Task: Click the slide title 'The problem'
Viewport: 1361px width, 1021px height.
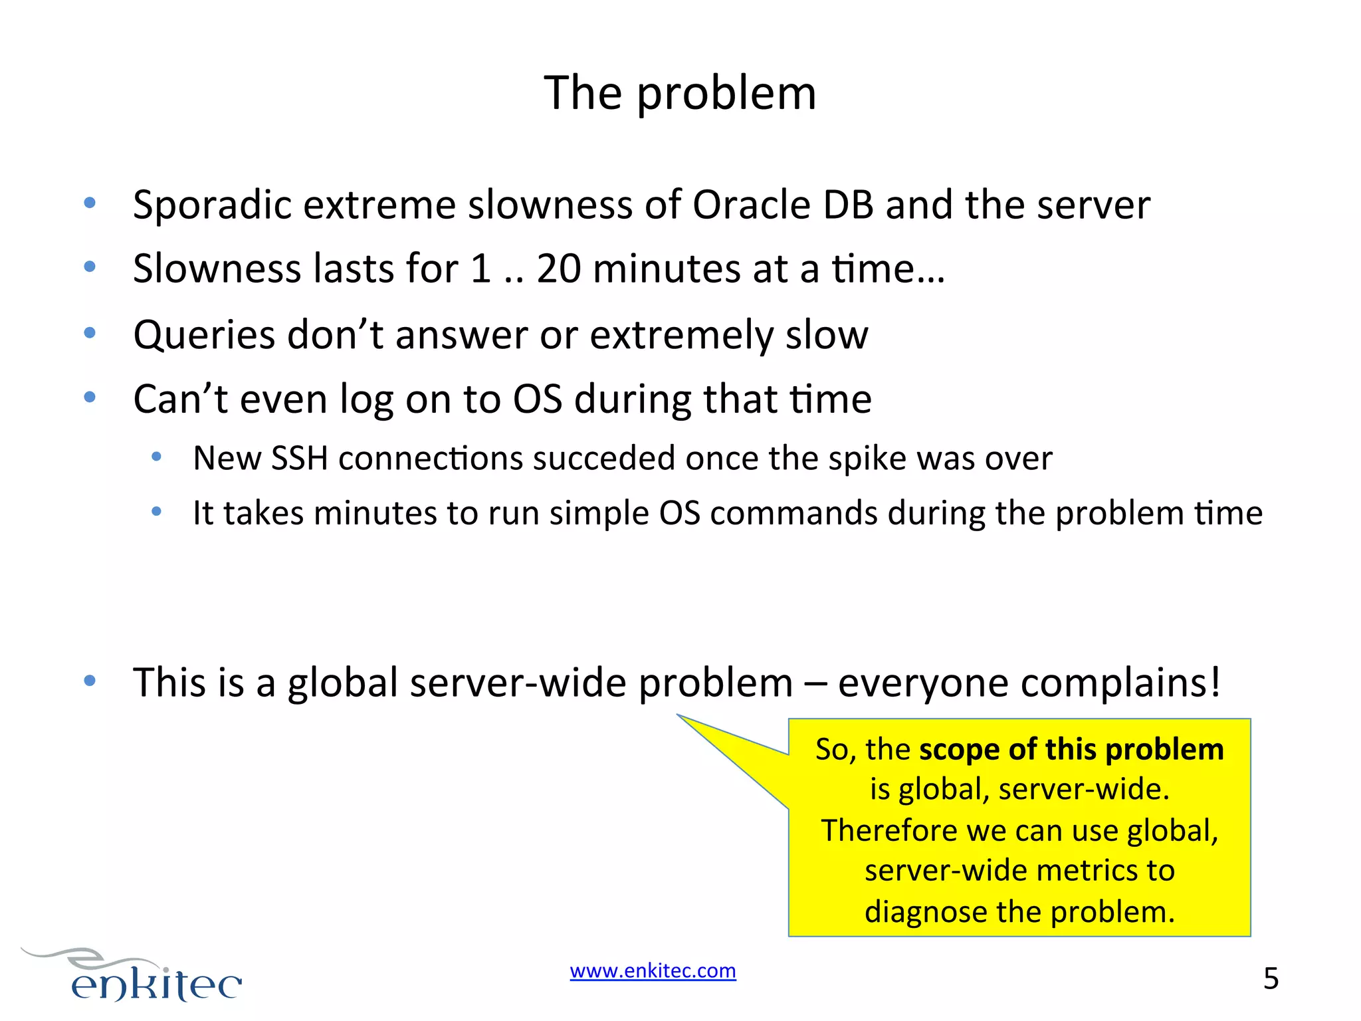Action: tap(680, 93)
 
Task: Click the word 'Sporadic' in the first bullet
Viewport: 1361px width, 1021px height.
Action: tap(212, 205)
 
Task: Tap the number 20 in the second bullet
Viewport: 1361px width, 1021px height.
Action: tap(558, 269)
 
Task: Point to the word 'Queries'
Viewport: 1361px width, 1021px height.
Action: tap(203, 335)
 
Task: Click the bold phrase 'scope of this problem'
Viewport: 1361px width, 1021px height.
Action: tap(1071, 750)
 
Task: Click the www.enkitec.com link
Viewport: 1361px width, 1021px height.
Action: tap(653, 971)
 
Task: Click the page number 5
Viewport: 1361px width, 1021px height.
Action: tap(1271, 979)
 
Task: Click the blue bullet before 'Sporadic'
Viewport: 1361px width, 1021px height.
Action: tap(90, 203)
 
